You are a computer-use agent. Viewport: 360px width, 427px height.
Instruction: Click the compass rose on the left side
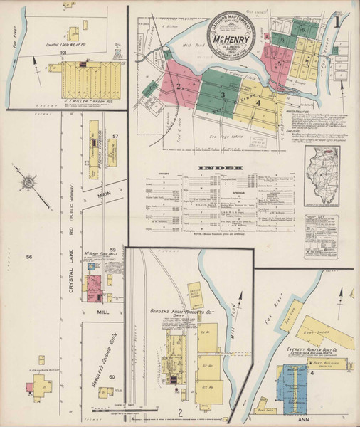point(28,183)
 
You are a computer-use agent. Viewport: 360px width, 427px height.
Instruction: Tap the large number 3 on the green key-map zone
point(222,95)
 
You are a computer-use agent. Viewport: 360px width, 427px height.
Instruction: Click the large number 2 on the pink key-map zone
point(179,86)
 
